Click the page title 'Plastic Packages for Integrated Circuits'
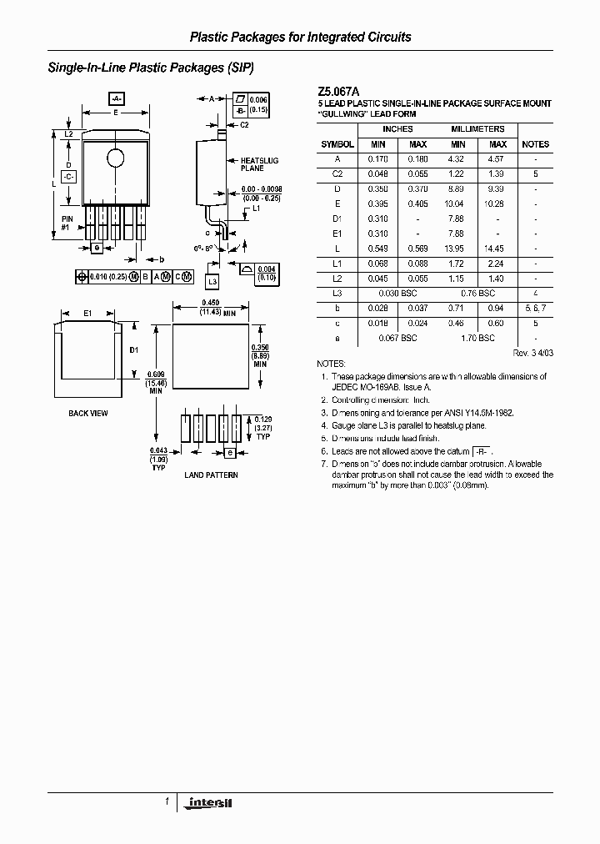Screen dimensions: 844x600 [x=300, y=38]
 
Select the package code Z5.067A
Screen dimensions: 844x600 [x=337, y=92]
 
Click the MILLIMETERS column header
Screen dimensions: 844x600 [x=477, y=130]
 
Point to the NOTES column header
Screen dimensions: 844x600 [x=535, y=144]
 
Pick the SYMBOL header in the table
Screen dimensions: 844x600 [x=337, y=144]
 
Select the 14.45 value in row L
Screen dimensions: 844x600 [x=495, y=249]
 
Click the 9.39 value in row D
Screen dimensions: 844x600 [x=495, y=189]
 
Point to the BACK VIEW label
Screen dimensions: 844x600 [x=87, y=414]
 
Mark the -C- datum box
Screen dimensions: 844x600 [x=69, y=177]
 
